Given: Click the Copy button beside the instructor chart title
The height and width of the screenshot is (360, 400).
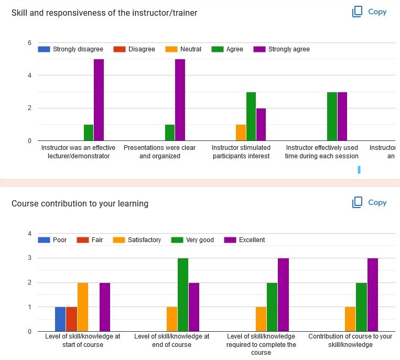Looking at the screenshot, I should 370,12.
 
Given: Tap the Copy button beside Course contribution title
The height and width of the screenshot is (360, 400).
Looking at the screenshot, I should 370,202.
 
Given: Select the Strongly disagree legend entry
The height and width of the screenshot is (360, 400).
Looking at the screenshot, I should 71,49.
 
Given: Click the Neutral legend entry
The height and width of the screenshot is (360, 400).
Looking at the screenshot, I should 185,49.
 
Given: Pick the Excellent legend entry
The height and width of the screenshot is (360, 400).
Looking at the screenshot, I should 245,240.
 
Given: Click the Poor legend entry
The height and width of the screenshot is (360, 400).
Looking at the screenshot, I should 53,240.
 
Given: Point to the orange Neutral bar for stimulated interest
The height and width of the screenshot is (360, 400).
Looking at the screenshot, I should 241,133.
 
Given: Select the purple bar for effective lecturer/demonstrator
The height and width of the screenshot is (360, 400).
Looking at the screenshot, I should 99,100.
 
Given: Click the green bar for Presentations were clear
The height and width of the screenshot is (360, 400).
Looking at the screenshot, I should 169,133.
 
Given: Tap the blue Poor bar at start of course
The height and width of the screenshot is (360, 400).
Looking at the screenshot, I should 60,319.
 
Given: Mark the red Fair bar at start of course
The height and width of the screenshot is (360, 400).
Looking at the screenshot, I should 71,319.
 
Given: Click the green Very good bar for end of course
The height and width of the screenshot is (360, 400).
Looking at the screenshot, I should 182,294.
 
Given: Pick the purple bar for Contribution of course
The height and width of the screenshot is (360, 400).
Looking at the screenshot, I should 373,294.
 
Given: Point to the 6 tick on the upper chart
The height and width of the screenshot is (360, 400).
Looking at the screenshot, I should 29,43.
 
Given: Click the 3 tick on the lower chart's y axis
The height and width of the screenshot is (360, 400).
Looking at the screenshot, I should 29,258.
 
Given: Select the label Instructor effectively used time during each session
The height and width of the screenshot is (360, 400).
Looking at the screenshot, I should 322,152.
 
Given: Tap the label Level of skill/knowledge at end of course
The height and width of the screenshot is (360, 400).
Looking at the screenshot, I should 172,340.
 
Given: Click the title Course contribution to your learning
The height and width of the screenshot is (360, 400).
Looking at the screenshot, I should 80,203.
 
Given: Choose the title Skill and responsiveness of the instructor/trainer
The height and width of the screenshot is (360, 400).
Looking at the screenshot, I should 104,13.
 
